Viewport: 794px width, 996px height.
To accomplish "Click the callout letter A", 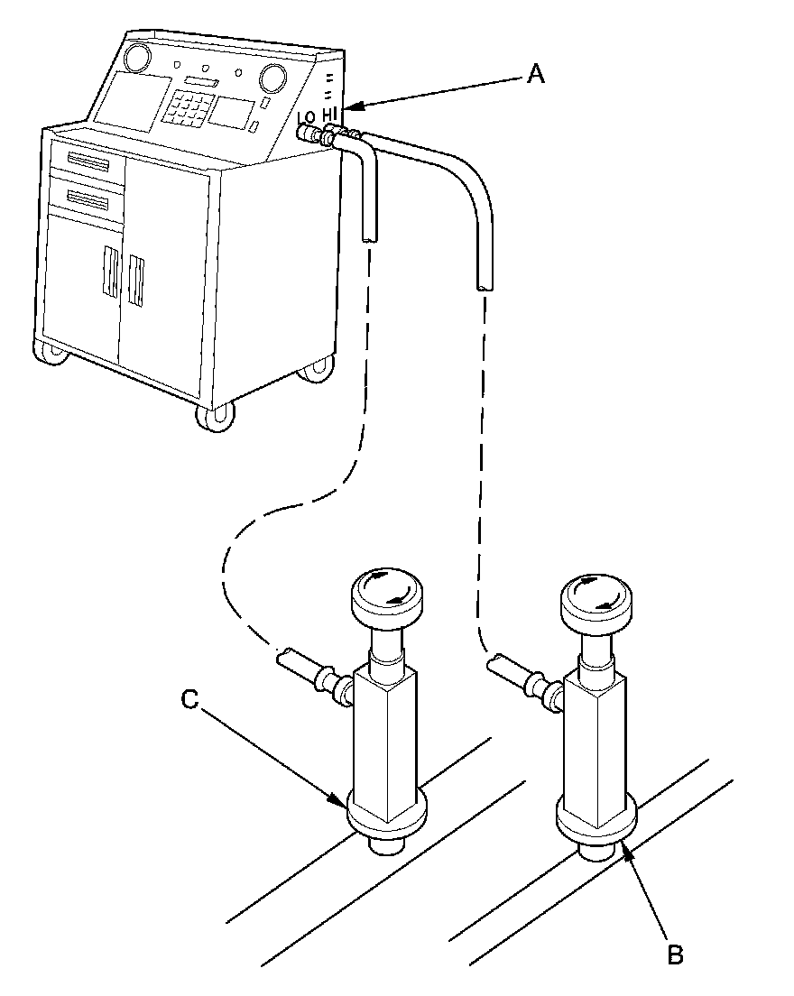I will [x=536, y=76].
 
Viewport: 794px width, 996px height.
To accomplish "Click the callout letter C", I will [x=189, y=699].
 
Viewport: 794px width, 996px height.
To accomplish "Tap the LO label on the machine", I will [x=305, y=117].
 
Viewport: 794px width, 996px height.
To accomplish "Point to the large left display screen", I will [x=132, y=101].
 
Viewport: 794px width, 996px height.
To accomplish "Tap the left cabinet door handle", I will [x=109, y=272].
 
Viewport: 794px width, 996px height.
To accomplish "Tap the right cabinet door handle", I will [x=137, y=281].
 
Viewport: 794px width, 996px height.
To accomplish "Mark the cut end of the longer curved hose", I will [x=485, y=287].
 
